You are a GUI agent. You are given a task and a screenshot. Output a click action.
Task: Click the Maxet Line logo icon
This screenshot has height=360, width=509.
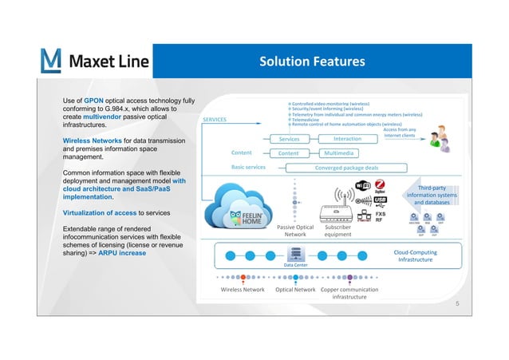50,61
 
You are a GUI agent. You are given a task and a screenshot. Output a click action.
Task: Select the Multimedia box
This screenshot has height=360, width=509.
346,153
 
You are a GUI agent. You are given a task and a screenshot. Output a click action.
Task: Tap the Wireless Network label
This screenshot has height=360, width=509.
242,290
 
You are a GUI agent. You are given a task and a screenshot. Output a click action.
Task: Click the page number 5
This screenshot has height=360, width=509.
457,305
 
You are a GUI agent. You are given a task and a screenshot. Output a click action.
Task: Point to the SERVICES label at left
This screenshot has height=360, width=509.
215,119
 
